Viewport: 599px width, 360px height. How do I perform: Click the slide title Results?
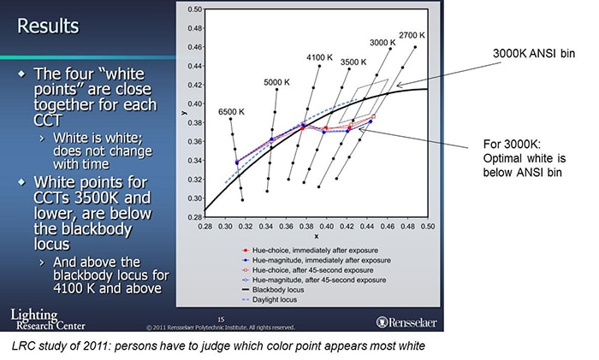pos(49,27)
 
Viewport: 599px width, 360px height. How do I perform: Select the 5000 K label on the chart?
pos(279,82)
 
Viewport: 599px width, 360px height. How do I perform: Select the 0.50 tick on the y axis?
pos(194,9)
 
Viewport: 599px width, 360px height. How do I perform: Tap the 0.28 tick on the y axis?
pos(194,218)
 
